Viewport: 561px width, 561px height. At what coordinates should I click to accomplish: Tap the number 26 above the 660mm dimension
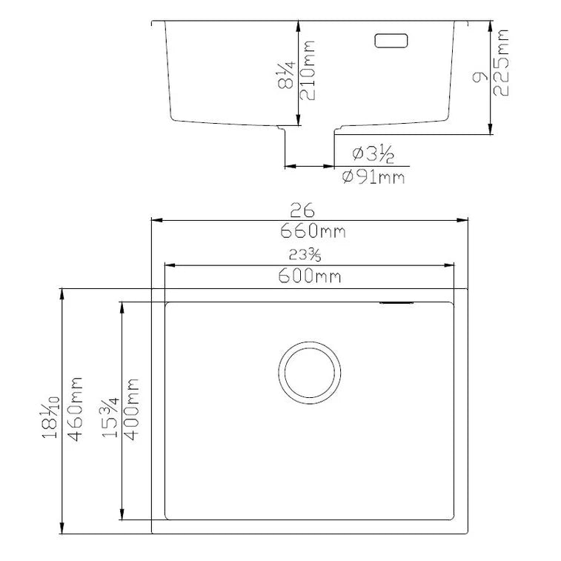[310, 209]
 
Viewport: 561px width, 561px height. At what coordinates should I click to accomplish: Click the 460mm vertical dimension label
[74, 409]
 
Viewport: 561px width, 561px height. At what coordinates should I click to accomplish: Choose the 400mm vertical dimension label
[133, 409]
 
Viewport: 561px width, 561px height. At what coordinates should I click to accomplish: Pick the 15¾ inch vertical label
[110, 409]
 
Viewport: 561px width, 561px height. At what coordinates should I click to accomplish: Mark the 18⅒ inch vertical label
[50, 409]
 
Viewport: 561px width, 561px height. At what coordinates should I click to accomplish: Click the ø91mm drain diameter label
[374, 178]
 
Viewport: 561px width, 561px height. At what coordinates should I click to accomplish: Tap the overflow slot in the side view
[393, 40]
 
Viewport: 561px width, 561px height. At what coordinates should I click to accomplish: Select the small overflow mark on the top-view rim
[396, 302]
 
